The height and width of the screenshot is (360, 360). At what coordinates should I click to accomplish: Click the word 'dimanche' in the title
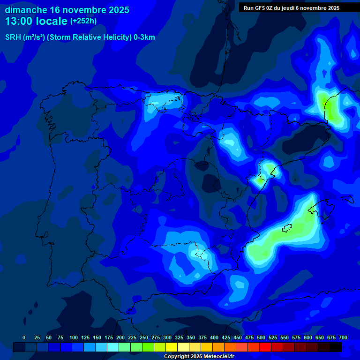25,10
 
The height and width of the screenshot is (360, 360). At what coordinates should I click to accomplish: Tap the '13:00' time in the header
19,21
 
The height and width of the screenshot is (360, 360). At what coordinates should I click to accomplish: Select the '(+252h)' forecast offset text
83,21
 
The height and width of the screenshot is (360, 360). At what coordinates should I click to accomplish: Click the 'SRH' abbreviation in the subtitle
14,37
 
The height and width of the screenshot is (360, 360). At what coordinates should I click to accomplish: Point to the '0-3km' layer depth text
144,37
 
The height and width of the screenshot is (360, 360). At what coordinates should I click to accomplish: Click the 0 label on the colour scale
24,337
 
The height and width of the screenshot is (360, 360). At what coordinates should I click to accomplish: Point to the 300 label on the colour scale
167,337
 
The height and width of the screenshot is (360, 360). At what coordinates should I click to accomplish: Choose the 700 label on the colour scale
343,337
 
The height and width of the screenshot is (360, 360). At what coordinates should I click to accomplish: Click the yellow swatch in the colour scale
172,347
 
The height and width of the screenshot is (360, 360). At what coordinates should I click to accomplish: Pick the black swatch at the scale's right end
336,347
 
